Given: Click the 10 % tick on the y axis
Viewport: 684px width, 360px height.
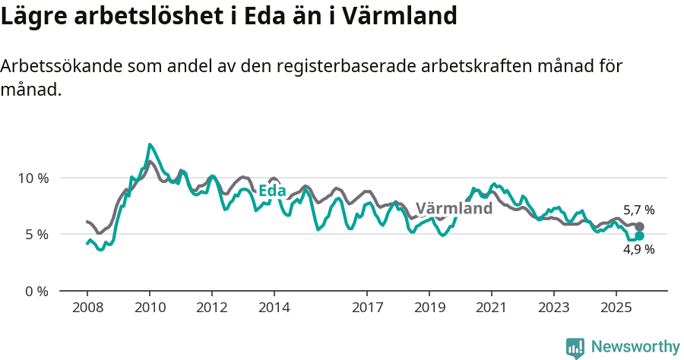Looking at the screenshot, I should click(31, 178).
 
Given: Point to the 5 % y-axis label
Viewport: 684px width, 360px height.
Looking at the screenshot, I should click(34, 235).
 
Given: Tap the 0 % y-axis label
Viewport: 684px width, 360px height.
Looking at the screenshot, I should click(34, 291).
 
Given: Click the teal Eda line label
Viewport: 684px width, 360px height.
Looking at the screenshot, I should click(272, 191).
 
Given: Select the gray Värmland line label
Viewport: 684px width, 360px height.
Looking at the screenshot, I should click(454, 208).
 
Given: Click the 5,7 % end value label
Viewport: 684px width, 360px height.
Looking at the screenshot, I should click(638, 210).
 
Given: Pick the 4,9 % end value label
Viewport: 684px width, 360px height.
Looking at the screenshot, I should click(638, 249).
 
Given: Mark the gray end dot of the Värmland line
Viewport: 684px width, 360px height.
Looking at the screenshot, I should click(640, 226).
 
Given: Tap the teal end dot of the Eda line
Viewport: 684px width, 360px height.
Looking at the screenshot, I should click(640, 235).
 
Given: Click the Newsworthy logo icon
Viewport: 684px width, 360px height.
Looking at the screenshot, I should click(575, 347).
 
